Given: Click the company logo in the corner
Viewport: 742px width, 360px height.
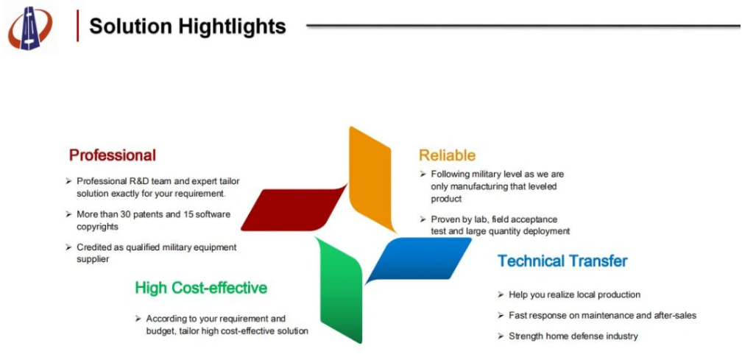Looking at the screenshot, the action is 30,29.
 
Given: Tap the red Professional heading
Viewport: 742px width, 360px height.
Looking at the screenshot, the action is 113,155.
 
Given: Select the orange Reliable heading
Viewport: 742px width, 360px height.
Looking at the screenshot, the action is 448,155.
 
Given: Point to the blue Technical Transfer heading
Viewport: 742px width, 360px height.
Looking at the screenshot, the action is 562,261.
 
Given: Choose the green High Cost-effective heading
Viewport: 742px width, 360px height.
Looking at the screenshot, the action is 201,288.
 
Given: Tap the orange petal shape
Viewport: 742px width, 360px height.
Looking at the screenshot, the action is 372,179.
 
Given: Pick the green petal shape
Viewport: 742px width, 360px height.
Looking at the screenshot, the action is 339,289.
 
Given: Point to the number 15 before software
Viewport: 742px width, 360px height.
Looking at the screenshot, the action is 189,214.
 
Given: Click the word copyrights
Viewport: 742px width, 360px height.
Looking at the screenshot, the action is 97,227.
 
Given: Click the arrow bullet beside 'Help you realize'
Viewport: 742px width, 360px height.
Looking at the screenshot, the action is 501,294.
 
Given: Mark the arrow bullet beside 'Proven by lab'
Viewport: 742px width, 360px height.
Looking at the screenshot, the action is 423,219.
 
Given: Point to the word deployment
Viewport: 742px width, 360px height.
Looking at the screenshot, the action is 545,232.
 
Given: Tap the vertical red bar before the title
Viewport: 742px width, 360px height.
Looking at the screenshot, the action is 77,26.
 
